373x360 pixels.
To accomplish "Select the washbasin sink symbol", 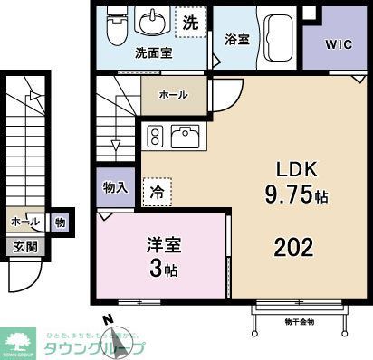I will pos(150,22).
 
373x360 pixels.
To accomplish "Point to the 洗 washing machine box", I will pos(191,23).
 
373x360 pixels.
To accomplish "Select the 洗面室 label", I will pos(155,53).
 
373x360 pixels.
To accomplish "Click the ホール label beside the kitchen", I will pos(173,93).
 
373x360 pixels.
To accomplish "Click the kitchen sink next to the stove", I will pos(186,136).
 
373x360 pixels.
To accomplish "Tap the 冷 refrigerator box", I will pos(158,192).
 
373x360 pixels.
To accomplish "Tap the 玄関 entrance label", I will pos(24,246).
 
